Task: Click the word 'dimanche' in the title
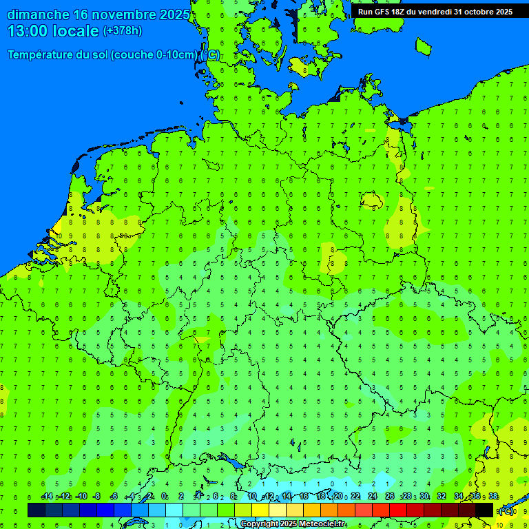click(37, 14)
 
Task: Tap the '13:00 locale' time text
click(53, 31)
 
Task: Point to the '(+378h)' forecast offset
click(122, 31)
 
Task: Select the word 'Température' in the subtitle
click(48, 55)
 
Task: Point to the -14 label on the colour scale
click(47, 497)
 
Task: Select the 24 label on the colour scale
click(373, 497)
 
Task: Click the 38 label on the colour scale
click(493, 497)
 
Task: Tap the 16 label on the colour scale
click(304, 497)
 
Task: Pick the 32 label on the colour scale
click(442, 497)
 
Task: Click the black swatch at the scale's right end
click(484, 510)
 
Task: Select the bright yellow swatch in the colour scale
click(260, 510)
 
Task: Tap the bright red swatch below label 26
click(398, 510)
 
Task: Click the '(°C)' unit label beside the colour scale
click(506, 511)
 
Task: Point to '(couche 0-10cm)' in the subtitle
click(154, 55)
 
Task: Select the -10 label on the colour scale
click(81, 497)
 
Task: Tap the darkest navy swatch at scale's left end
click(37, 510)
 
